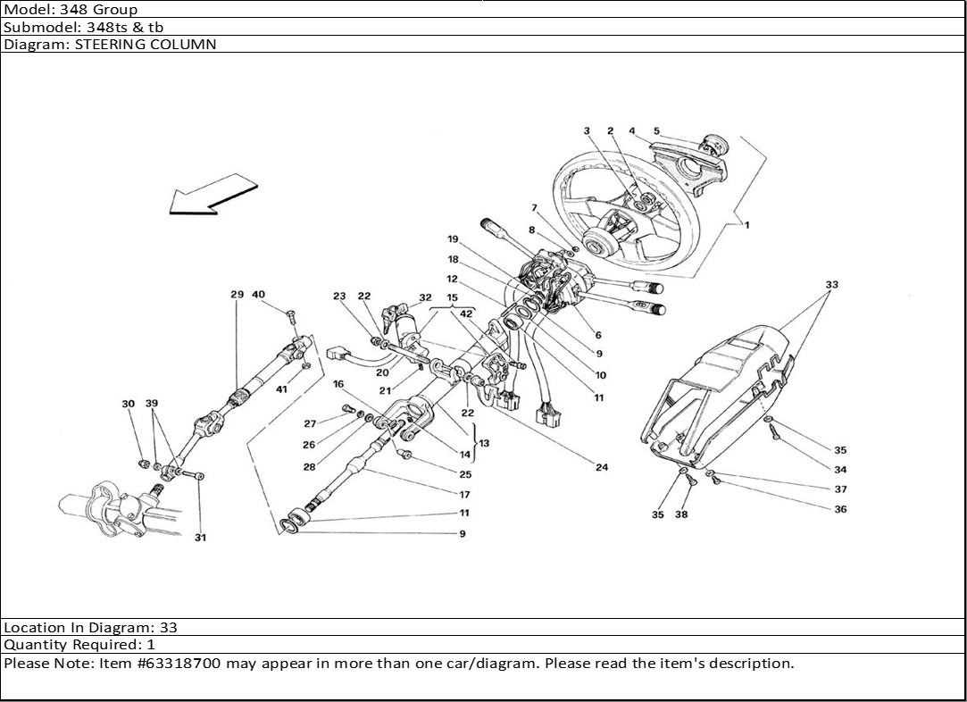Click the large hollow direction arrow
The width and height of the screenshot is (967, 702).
click(x=212, y=198)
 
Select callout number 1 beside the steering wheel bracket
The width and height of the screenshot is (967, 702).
click(x=746, y=225)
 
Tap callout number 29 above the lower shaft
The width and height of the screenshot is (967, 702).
click(x=237, y=295)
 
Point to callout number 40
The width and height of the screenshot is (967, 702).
click(x=259, y=295)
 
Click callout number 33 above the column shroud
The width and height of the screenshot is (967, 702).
click(x=832, y=286)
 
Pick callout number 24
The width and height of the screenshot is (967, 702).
click(x=602, y=467)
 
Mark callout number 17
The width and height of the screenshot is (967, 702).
click(x=464, y=495)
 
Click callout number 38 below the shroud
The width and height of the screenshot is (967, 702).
click(x=681, y=514)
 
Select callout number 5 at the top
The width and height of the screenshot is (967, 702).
click(x=656, y=131)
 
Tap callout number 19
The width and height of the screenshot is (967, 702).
click(x=453, y=239)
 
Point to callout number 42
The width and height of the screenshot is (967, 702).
click(x=466, y=313)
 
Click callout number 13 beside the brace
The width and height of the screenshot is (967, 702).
click(x=483, y=442)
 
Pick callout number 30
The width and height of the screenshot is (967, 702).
click(x=128, y=405)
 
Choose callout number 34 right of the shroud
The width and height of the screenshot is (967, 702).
click(x=840, y=470)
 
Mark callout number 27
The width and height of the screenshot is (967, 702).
click(x=310, y=424)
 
